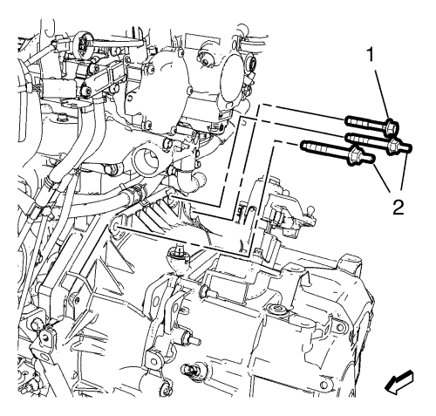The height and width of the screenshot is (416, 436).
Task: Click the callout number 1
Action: (x=371, y=55)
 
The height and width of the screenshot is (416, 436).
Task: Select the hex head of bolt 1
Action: (x=392, y=127)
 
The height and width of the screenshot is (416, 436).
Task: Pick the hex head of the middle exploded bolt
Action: (x=395, y=145)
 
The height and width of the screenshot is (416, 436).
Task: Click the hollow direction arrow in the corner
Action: (x=399, y=382)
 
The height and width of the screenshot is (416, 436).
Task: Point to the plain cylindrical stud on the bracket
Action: (x=191, y=340)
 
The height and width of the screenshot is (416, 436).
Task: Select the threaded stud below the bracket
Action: (x=189, y=370)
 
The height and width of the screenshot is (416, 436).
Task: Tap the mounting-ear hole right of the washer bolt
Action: (x=339, y=327)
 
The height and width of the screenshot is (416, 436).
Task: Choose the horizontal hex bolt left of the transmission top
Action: (x=208, y=290)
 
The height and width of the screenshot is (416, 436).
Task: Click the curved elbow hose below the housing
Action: (x=193, y=181)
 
